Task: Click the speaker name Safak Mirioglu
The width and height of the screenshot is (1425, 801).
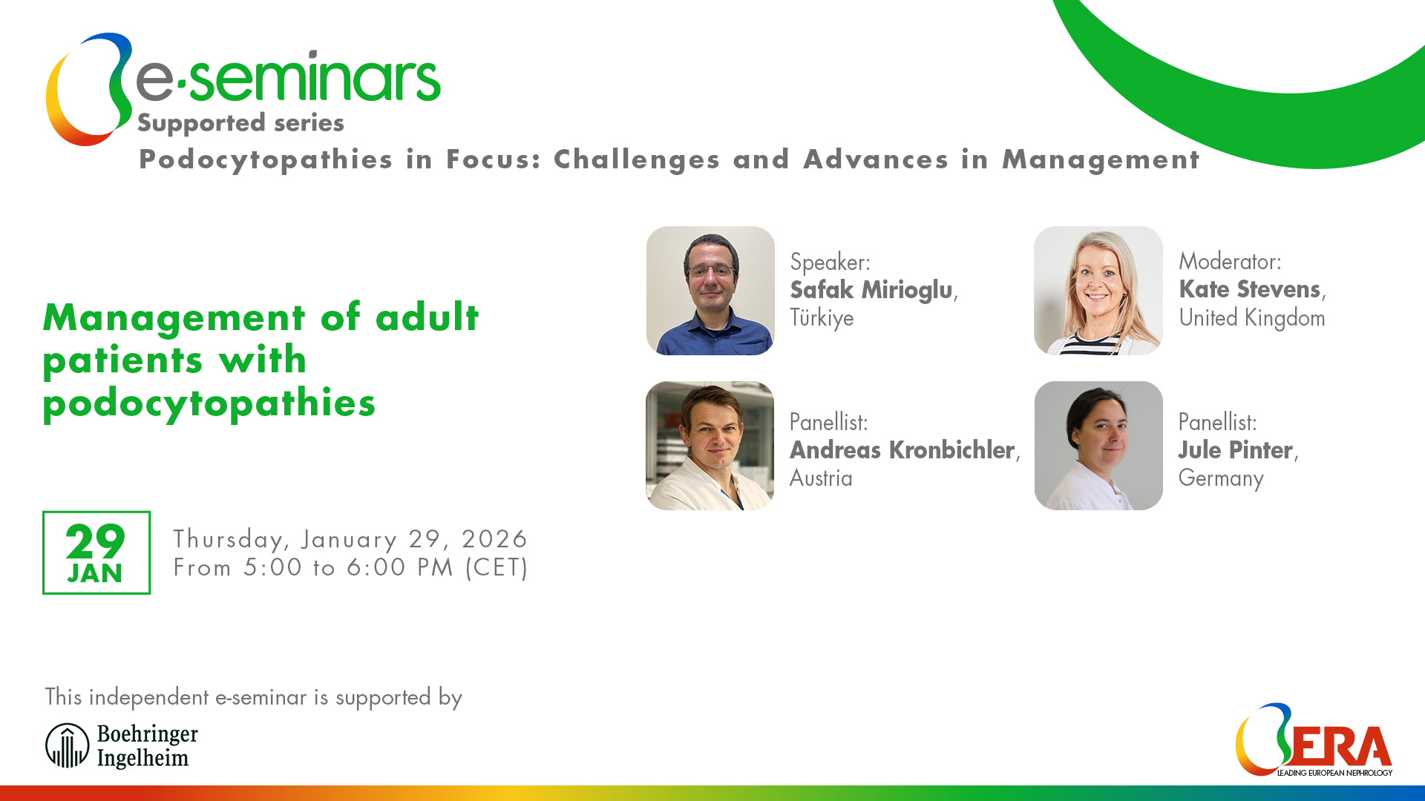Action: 871,290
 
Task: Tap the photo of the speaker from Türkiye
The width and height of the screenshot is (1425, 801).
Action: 710,291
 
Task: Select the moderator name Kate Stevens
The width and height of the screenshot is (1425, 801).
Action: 1250,289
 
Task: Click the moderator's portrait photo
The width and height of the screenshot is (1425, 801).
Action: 1098,291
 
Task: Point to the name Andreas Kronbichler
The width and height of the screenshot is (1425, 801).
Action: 902,450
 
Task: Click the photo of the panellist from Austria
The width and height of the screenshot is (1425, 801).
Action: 710,446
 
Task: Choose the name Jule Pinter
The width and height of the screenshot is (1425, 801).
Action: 1235,450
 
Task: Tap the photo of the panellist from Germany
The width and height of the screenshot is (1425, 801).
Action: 1098,446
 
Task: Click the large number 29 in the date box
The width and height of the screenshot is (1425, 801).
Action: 95,541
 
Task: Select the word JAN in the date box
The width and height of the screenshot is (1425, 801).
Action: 95,574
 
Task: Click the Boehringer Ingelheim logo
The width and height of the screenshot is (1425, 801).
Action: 122,745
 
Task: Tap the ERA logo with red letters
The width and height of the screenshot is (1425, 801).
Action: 1314,740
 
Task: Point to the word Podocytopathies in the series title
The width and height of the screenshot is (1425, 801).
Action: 266,160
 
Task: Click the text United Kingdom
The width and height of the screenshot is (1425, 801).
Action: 1251,318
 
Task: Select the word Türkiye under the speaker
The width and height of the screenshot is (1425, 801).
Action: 822,318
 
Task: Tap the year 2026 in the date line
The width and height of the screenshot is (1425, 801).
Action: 494,539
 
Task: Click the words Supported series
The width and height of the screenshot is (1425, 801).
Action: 240,123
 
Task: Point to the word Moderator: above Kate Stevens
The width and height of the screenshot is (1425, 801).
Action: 1230,262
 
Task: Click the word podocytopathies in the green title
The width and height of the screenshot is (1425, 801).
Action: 209,403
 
